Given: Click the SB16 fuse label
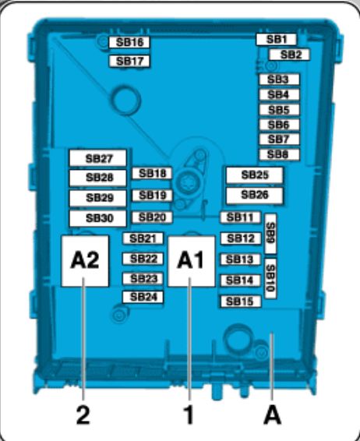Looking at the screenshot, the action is tap(129, 42).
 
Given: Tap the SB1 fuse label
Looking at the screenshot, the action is tap(276, 39).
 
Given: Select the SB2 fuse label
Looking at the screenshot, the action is tap(289, 55).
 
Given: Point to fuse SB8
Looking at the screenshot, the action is tap(279, 154).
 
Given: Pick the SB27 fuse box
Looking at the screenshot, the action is tap(98, 158).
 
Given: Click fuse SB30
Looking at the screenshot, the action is tap(98, 218).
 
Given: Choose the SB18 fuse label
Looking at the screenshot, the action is tap(152, 173).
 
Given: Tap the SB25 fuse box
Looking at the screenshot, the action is tap(255, 175).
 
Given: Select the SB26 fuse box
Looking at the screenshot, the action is tap(255, 196).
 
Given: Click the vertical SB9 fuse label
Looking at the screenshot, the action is tap(270, 234).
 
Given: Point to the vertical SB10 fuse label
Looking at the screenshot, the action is tap(270, 278).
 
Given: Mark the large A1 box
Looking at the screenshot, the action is tap(192, 261).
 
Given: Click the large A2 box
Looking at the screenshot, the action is tap(85, 261).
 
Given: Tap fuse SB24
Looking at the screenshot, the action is tap(143, 297).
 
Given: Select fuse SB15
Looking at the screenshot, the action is tap(240, 302).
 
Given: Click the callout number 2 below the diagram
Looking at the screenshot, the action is tap(83, 415).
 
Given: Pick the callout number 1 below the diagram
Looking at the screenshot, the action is tap(189, 415).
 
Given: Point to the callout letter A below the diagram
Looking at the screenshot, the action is tap(272, 415).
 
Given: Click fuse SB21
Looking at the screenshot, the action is tap(143, 238).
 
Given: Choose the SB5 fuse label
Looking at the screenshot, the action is tap(279, 110).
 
